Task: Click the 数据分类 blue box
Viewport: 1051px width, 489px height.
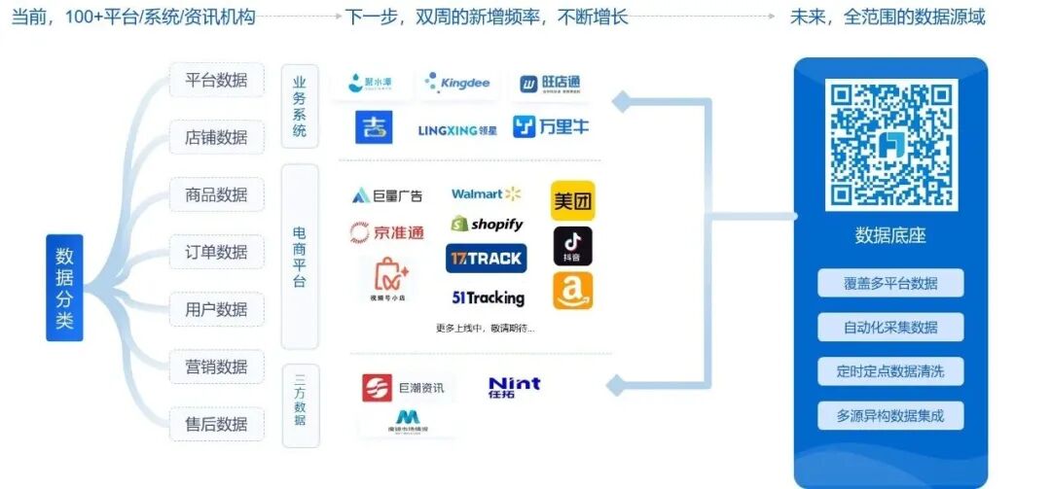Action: tap(64, 287)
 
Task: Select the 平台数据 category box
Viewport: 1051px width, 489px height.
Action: tap(216, 80)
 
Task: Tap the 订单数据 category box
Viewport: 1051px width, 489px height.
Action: tap(216, 252)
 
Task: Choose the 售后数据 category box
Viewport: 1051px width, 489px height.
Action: tap(216, 424)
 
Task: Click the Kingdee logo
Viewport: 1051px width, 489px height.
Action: tap(457, 84)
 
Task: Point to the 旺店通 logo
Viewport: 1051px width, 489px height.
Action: tap(551, 85)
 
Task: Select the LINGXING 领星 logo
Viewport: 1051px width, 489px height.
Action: tap(457, 129)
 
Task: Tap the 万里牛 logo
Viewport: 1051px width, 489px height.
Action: tap(551, 126)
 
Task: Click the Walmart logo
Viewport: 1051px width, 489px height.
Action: tap(486, 194)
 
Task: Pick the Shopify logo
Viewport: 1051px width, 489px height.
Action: tap(487, 225)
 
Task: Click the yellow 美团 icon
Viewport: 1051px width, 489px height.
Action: tap(573, 201)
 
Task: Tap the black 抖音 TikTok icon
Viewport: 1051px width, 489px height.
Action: tap(573, 247)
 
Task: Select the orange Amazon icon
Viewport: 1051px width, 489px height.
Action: tap(573, 291)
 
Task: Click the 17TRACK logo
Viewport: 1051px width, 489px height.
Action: tap(486, 259)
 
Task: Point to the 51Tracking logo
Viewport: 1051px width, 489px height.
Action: tap(488, 298)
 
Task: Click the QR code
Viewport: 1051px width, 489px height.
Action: tap(890, 146)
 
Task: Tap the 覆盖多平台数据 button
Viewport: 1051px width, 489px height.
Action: tap(890, 283)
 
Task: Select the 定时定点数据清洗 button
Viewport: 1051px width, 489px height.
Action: tap(890, 371)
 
